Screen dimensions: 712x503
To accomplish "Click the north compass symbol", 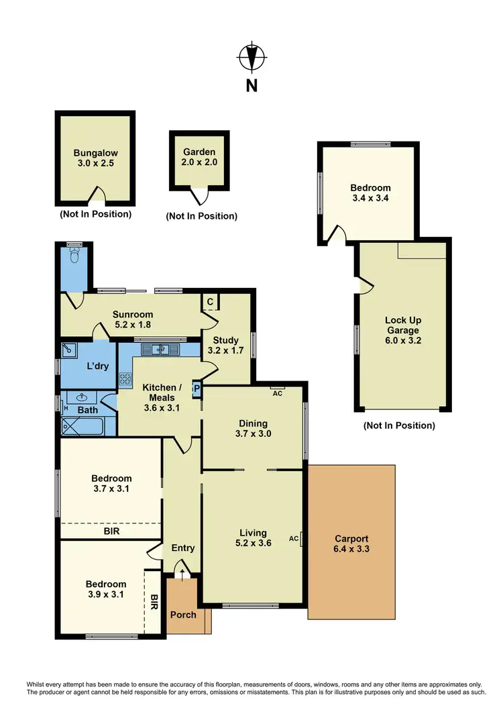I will pos(251,58).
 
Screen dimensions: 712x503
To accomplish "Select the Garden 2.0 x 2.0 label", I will pos(199,157).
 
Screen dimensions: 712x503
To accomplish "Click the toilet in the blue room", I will pos(74,256).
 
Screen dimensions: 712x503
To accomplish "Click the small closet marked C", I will pos(210,303).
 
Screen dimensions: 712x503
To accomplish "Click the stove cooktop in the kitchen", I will pos(125,378).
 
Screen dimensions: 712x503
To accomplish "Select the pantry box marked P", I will pos(197,389).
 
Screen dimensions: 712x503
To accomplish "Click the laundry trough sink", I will pos(68,349).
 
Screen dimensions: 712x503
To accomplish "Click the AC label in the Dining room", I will pos(277,393).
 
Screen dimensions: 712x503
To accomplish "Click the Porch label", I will pos(183,615).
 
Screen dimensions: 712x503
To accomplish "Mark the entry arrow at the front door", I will pos(181,570).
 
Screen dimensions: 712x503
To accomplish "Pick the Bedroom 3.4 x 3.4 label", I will pos(370,193).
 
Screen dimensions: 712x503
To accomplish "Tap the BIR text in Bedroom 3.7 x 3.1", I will pos(111,530).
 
